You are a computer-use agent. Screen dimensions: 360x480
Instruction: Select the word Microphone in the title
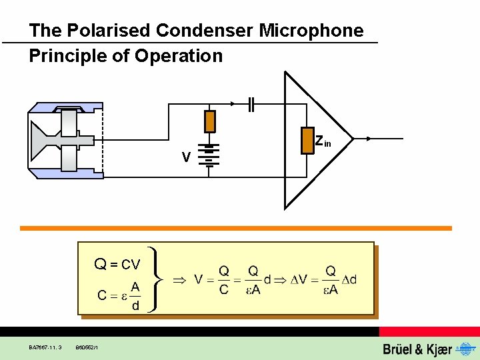311,31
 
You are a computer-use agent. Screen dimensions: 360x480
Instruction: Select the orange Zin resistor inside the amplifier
307,140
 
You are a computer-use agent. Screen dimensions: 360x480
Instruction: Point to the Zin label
323,141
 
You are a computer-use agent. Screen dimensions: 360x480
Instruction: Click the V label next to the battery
187,157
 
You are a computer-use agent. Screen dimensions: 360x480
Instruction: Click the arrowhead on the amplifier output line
370,139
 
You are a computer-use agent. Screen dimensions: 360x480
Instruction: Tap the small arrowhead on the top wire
232,104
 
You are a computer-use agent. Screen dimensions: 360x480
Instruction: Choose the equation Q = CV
117,265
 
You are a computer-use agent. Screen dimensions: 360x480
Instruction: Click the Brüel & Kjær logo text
417,349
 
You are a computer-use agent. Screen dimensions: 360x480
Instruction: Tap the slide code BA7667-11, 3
45,347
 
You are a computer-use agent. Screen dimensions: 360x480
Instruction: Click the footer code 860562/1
87,347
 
